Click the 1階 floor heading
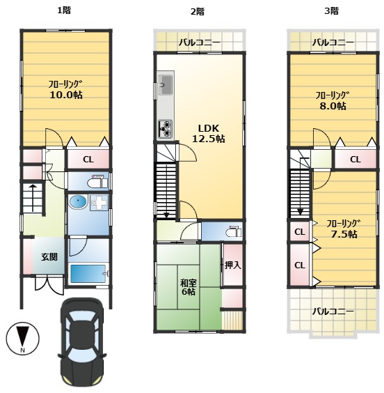click(x=64, y=10)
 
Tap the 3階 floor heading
click(x=331, y=11)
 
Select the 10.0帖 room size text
click(x=66, y=95)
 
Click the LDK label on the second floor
click(x=209, y=128)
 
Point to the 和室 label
click(x=189, y=283)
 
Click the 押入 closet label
click(x=232, y=265)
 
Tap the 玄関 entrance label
click(x=49, y=256)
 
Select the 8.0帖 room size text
click(x=333, y=106)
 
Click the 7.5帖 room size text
click(x=344, y=234)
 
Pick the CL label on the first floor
click(x=88, y=160)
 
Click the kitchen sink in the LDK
click(x=165, y=85)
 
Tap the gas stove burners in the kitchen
click(x=165, y=129)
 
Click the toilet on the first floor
click(x=97, y=182)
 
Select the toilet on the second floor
click(x=234, y=232)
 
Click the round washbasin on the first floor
click(x=78, y=202)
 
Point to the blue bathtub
click(x=88, y=273)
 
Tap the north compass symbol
click(x=23, y=338)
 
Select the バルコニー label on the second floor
click(x=200, y=43)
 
